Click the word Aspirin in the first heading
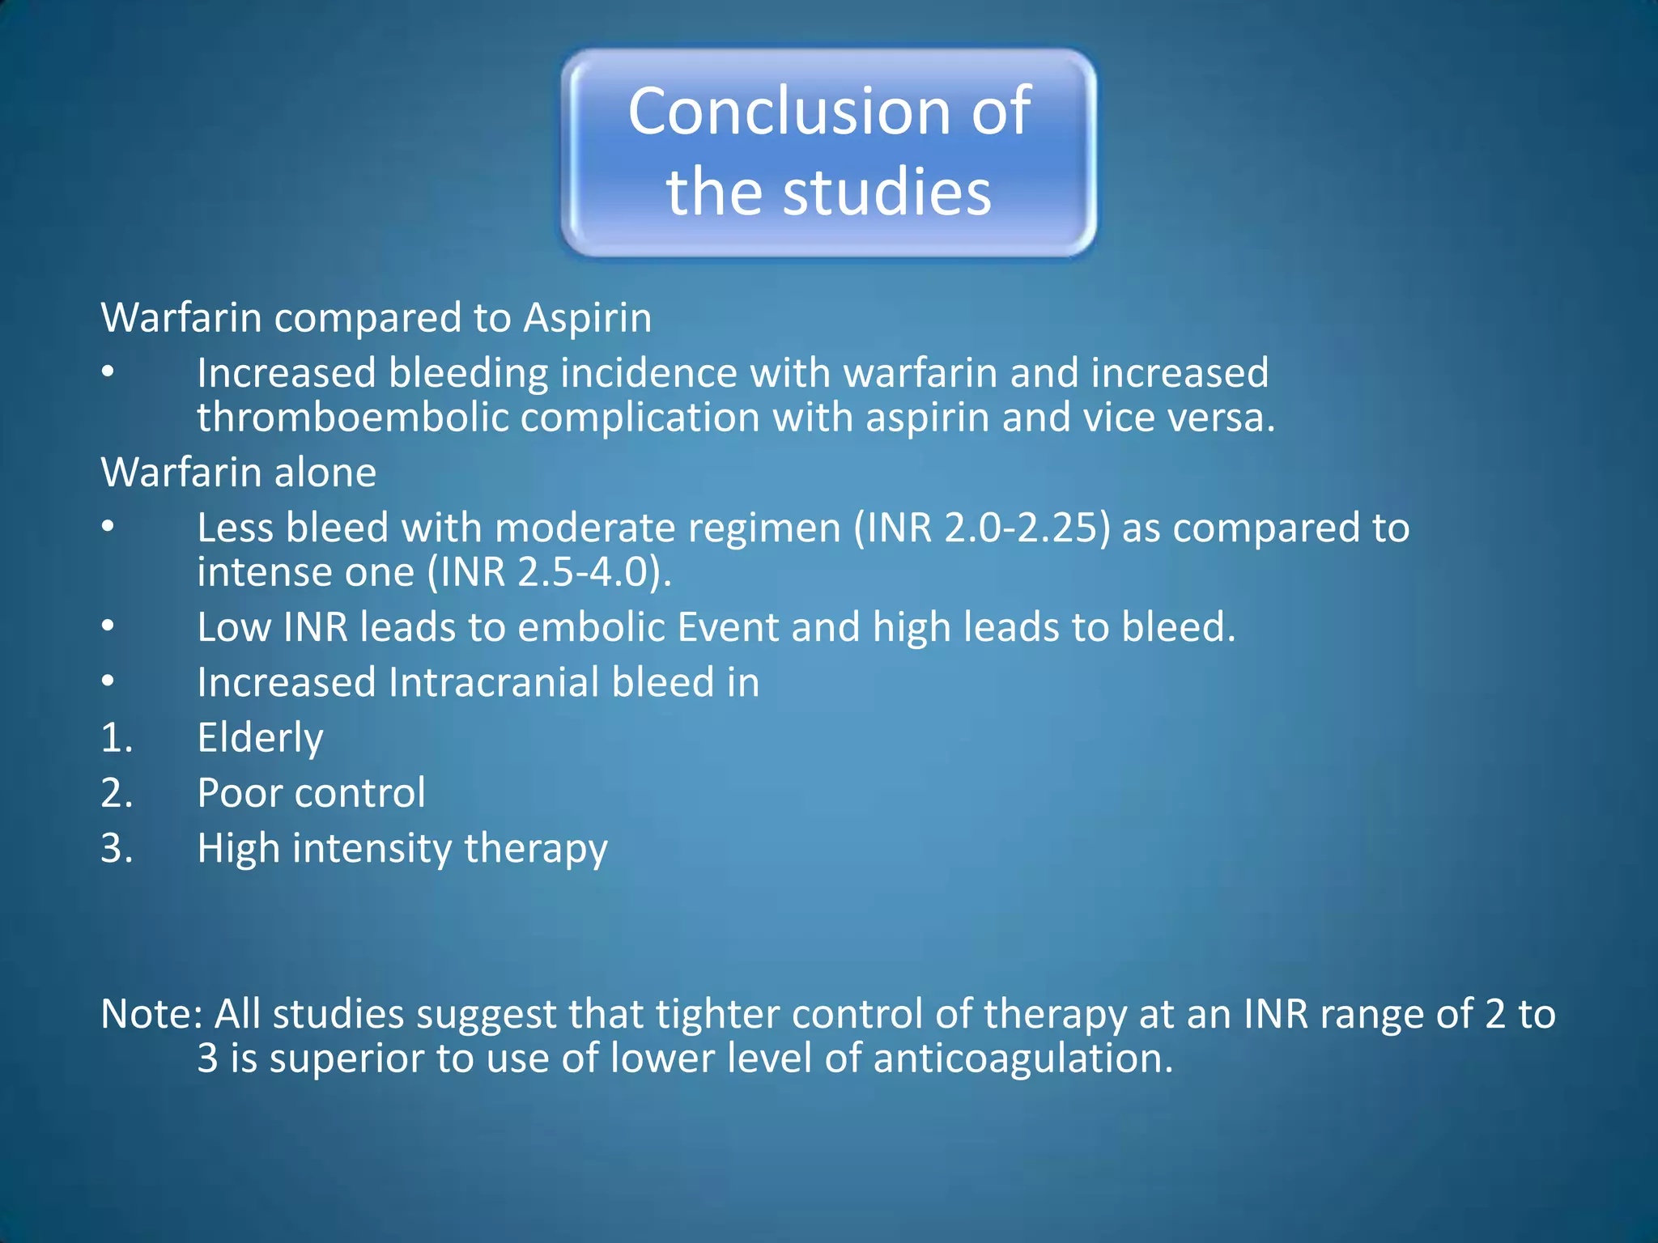[587, 317]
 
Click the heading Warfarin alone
[238, 472]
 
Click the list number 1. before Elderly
[117, 738]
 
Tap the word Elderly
[260, 738]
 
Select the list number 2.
[117, 793]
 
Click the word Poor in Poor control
[239, 793]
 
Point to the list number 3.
[117, 849]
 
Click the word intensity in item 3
[372, 849]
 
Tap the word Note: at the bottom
[151, 1014]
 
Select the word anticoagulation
[1022, 1058]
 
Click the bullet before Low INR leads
[108, 626]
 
